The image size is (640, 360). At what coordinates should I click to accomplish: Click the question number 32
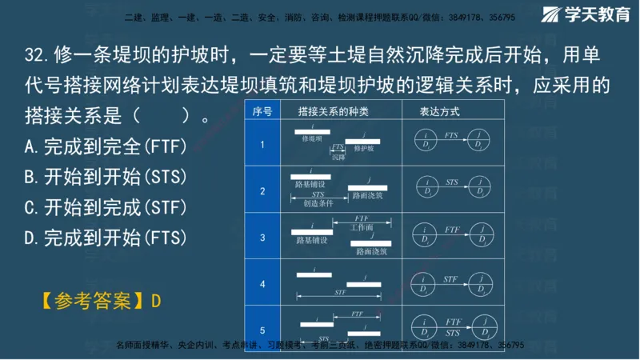[x=36, y=57]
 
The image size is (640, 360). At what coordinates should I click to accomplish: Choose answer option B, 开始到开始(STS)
[x=105, y=178]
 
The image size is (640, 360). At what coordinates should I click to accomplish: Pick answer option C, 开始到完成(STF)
[x=105, y=207]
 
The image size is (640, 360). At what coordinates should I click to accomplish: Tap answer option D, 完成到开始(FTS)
[x=105, y=238]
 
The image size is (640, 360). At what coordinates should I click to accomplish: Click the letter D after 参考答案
[x=156, y=301]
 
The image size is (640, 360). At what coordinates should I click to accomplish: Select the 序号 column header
[x=262, y=111]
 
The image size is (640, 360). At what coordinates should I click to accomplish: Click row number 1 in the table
[x=262, y=144]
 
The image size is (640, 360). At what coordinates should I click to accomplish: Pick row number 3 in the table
[x=262, y=237]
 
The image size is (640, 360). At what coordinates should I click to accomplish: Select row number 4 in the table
[x=262, y=283]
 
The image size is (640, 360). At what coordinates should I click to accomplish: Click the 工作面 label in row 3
[x=362, y=228]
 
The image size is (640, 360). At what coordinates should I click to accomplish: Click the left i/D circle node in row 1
[x=426, y=142]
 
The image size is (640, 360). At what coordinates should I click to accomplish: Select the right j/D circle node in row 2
[x=481, y=188]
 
